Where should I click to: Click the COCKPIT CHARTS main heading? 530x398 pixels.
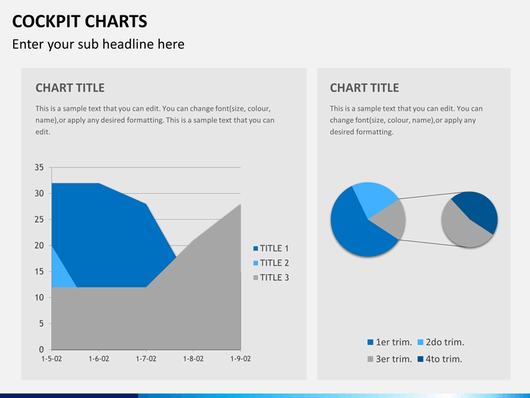point(79,21)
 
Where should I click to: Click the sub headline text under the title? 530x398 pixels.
point(98,44)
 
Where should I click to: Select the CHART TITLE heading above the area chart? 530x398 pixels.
point(70,88)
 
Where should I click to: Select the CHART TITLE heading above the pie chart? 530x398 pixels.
point(364,88)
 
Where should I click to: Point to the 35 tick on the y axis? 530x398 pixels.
point(39,167)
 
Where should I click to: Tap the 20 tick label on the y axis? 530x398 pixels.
point(39,245)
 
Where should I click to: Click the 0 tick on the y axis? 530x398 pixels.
point(41,349)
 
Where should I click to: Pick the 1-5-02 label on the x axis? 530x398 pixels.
point(52,359)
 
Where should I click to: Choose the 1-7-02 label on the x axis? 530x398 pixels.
point(146,359)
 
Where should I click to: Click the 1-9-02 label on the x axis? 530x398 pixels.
point(240,359)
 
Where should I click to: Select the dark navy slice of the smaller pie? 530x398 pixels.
point(478,209)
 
